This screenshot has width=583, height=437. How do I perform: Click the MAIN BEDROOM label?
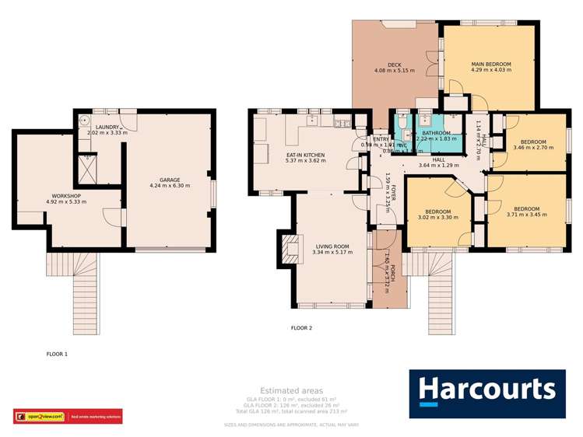pyautogui.click(x=489, y=61)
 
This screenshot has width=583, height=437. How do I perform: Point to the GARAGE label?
pyautogui.click(x=170, y=179)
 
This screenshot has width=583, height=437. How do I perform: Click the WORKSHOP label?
pyautogui.click(x=67, y=195)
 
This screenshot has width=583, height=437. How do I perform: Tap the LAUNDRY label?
pyautogui.click(x=106, y=127)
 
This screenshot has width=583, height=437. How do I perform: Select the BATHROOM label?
pyautogui.click(x=437, y=133)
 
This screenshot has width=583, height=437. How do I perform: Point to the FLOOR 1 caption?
pyautogui.click(x=57, y=354)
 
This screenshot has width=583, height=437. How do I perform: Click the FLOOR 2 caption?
pyautogui.click(x=301, y=328)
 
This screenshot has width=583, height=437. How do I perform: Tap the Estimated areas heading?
pyautogui.click(x=291, y=390)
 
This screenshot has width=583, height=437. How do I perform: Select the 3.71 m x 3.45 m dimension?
pyautogui.click(x=527, y=214)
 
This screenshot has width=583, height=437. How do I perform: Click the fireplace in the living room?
pyautogui.click(x=289, y=248)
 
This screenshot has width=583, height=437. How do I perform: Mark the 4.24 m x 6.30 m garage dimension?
pyautogui.click(x=170, y=186)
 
